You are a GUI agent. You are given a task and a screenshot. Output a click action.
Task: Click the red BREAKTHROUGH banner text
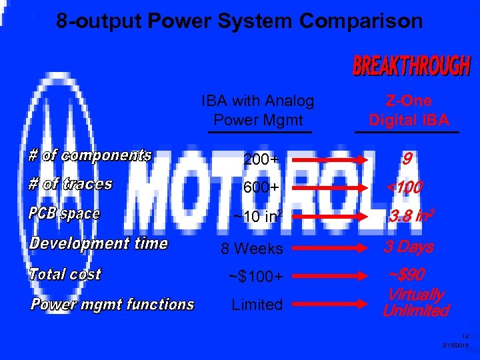click(411, 67)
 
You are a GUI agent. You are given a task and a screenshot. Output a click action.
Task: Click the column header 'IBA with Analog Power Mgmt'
click(257, 111)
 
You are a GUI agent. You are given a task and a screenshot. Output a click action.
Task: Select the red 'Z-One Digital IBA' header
click(409, 111)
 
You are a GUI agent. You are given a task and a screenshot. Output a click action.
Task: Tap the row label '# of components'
click(90, 156)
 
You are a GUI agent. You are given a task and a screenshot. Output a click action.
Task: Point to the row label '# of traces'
click(70, 185)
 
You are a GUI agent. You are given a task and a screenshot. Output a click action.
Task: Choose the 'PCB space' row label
click(64, 214)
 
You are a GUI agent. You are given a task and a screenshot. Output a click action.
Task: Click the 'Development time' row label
click(98, 243)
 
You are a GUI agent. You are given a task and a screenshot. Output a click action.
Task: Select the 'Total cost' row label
click(65, 274)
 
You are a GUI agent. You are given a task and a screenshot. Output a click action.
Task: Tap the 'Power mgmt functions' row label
click(112, 305)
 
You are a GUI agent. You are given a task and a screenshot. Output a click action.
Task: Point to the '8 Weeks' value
click(252, 249)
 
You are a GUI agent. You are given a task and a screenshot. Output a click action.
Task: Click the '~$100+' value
click(255, 276)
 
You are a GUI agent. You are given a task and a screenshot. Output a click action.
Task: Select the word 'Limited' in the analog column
click(257, 305)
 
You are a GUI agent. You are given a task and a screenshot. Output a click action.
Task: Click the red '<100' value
click(405, 189)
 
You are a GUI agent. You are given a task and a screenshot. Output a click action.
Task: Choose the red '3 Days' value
click(408, 247)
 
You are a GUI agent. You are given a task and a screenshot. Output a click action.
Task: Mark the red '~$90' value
click(407, 275)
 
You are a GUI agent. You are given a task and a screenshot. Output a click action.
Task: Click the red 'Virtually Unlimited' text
click(415, 303)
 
